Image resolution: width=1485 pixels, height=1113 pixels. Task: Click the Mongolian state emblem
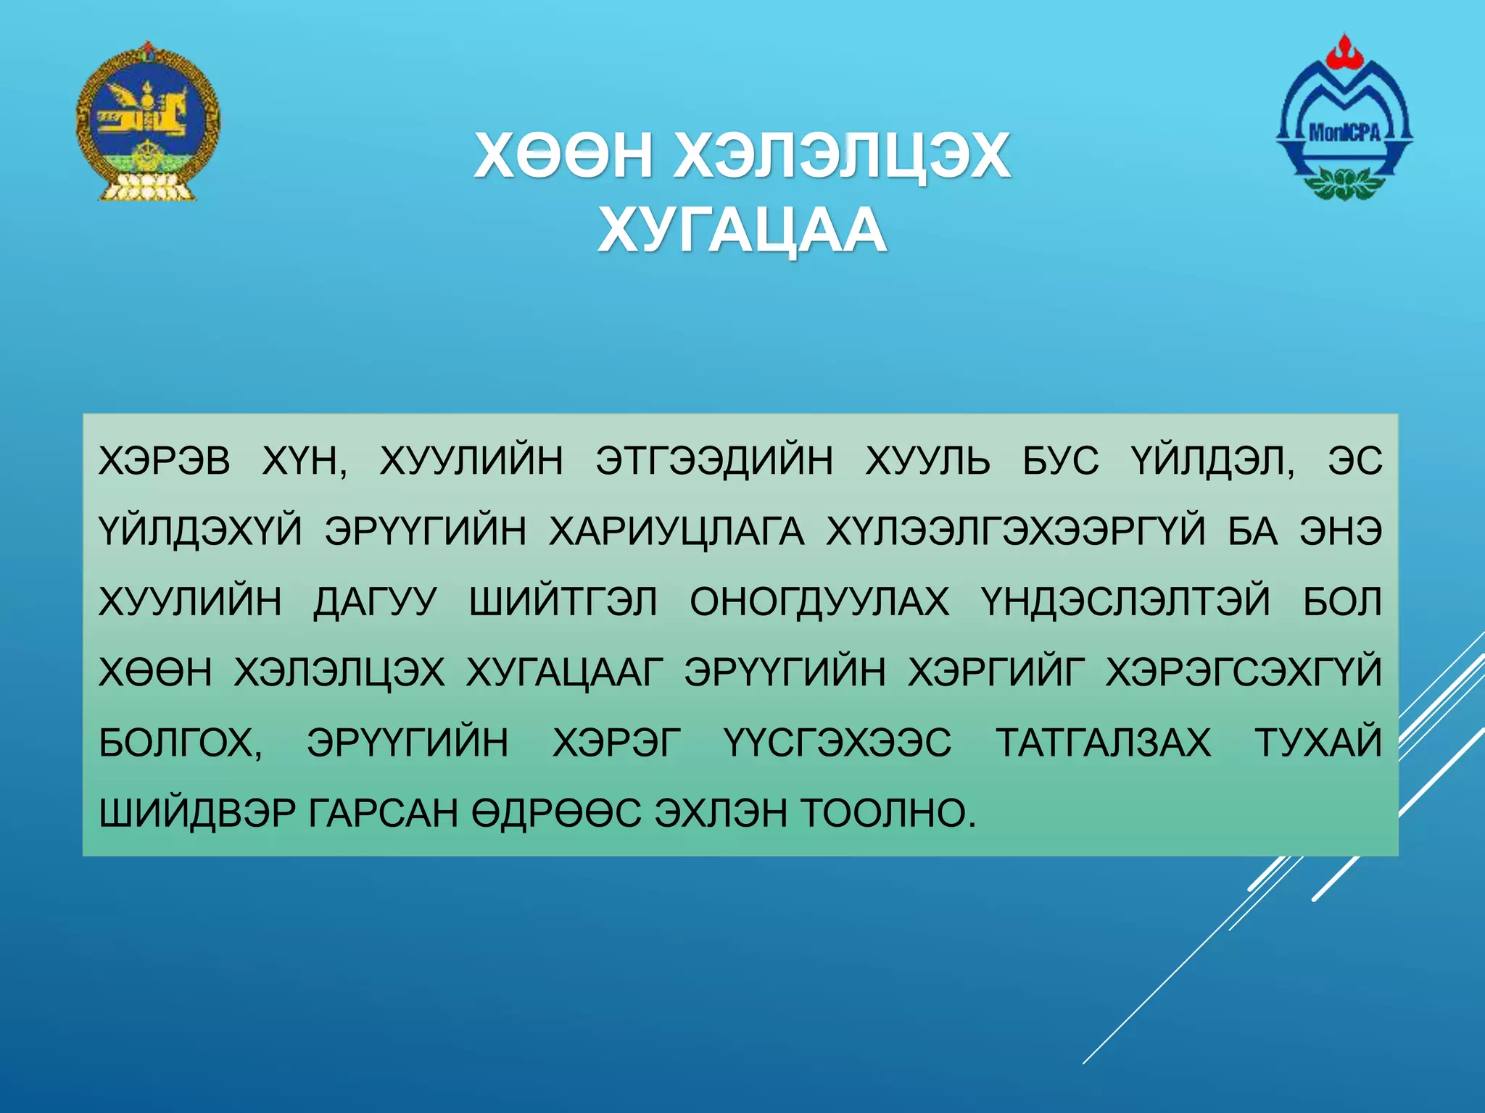click(147, 122)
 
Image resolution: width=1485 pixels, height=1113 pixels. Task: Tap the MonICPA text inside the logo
click(1344, 132)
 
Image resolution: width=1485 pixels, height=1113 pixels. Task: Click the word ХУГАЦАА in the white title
click(741, 231)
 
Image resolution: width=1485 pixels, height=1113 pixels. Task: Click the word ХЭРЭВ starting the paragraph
click(165, 461)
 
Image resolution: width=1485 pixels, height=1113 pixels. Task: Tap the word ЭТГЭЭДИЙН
click(714, 461)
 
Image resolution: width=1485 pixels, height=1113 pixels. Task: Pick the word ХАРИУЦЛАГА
click(677, 531)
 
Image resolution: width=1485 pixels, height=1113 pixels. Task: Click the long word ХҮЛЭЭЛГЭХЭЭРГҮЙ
click(1015, 531)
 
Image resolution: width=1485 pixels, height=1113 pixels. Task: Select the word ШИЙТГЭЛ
click(563, 602)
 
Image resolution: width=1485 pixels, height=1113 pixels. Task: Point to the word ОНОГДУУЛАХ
click(819, 602)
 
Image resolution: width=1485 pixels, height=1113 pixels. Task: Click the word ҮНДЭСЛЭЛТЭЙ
click(1125, 602)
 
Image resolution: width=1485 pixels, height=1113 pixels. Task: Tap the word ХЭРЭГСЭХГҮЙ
click(1244, 672)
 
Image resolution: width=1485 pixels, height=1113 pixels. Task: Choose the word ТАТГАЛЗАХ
click(1103, 743)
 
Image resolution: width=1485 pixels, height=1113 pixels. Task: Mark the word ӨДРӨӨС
click(556, 813)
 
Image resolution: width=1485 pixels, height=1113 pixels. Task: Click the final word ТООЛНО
click(889, 813)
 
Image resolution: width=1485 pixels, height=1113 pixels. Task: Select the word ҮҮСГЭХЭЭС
click(837, 743)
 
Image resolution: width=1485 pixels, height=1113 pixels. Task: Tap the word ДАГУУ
click(375, 602)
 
